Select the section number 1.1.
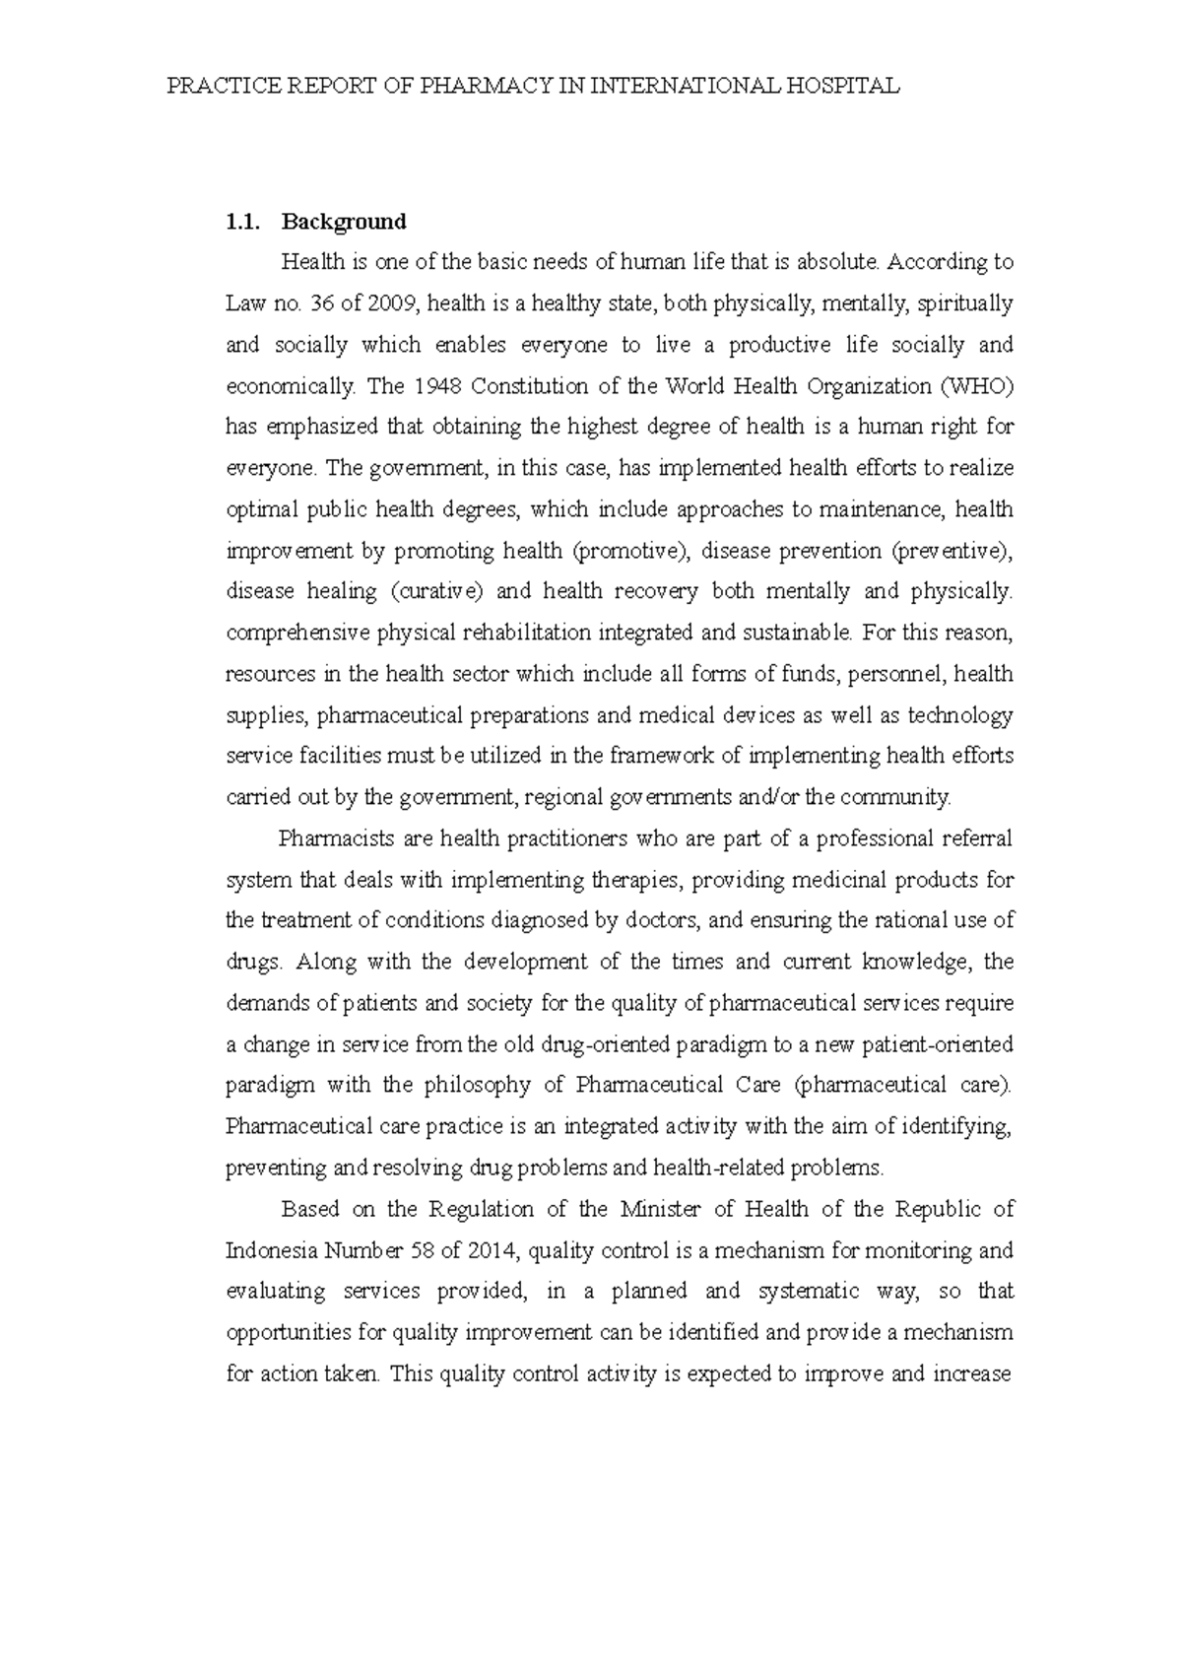(242, 222)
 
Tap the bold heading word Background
(344, 222)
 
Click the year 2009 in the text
(393, 303)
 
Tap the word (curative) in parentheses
(436, 592)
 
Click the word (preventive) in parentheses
(951, 551)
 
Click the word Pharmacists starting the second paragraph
(336, 838)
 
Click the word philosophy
(477, 1086)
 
